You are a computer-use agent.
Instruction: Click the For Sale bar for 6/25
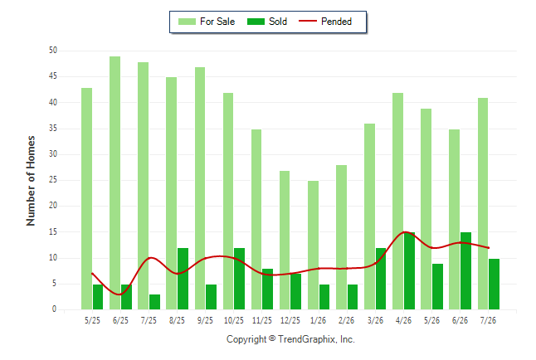pos(115,183)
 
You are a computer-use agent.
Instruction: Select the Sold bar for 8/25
pos(183,279)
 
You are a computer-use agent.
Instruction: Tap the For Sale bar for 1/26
pos(313,246)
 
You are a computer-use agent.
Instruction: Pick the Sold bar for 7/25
pos(154,302)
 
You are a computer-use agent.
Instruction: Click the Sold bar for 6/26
pos(465,270)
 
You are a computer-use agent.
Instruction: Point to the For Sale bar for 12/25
pos(285,240)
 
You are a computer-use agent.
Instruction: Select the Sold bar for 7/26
pos(494,285)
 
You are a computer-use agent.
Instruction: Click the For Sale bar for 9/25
pos(200,188)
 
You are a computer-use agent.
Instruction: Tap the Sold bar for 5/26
pos(437,286)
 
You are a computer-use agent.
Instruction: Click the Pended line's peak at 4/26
pos(404,232)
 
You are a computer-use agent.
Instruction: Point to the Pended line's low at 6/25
pos(119,294)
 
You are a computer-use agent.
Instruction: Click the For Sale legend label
pos(217,22)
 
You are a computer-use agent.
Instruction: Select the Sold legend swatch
pos(256,22)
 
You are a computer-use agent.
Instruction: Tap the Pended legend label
pos(336,22)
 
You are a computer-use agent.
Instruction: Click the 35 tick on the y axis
pos(53,129)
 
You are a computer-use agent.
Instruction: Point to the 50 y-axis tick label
pos(53,51)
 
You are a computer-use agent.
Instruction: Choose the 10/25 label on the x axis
pos(234,320)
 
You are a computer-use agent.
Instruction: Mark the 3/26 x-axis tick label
pos(375,320)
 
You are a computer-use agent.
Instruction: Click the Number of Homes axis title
pos(31,181)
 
